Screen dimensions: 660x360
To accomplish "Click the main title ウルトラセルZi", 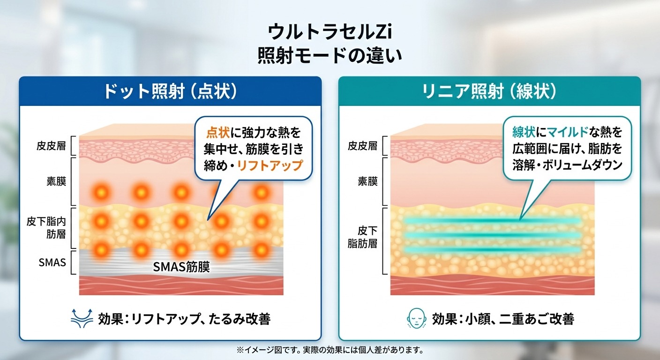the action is [330, 32].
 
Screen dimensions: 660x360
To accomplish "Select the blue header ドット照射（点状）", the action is [170, 91].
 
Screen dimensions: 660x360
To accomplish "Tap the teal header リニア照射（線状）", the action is [489, 91].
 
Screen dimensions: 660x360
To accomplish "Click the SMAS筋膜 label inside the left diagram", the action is [181, 267].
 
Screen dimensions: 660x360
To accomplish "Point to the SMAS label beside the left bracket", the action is [52, 262].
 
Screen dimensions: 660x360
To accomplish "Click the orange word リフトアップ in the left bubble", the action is [270, 165].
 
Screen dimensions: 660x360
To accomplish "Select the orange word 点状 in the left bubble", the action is [218, 133].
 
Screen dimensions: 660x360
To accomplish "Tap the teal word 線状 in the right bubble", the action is [524, 132].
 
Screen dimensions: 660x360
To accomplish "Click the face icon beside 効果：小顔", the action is [416, 318].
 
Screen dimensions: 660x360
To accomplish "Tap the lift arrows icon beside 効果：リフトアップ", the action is [82, 318].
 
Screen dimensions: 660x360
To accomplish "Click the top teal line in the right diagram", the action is [492, 221].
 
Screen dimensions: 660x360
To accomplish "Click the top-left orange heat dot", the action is [101, 193].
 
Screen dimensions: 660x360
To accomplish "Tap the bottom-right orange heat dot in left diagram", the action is [261, 250].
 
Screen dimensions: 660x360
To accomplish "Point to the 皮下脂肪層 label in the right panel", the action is [363, 237].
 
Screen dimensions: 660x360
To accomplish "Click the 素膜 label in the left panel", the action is [56, 181].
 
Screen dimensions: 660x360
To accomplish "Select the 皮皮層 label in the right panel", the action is [363, 146].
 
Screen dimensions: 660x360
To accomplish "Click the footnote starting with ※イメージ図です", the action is [330, 350].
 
